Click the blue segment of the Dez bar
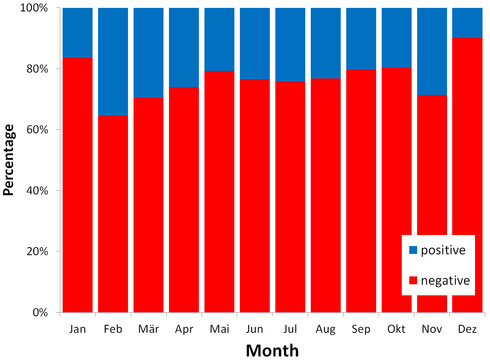point(467,23)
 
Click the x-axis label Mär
point(149,327)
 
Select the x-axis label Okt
point(396,327)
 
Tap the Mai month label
point(220,327)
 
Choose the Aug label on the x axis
point(325,327)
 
